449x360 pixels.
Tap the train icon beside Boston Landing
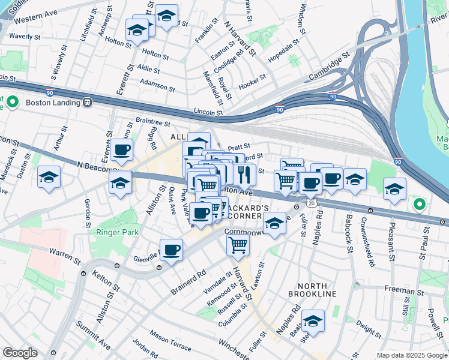coord(88,102)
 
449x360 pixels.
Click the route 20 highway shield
coord(311,204)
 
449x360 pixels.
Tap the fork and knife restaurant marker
coord(244,175)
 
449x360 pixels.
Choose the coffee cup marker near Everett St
coord(122,150)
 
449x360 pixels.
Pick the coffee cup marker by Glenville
coord(172,250)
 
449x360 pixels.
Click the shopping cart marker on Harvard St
coord(238,244)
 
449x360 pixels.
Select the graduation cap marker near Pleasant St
coord(394,189)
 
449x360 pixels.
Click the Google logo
coord(20,353)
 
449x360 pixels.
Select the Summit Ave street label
coord(93,335)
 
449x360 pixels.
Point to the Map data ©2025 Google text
coord(411,355)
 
